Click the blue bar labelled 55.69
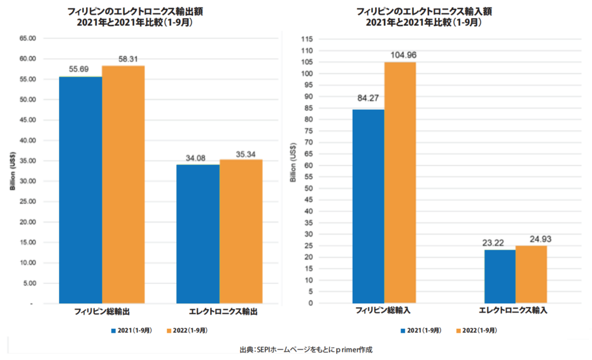pos(80,190)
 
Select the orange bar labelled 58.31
pos(123,184)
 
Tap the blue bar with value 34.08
pos(198,233)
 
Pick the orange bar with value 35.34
pos(240,231)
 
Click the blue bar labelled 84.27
pos(368,206)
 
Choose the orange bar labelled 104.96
pos(399,183)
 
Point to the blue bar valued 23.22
pos(499,276)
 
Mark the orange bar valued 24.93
pos(531,274)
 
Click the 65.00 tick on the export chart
pos(28,38)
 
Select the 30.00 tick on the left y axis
pos(28,181)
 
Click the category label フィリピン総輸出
pos(102,311)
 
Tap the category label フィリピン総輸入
pos(384,311)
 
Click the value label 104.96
pos(400,55)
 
